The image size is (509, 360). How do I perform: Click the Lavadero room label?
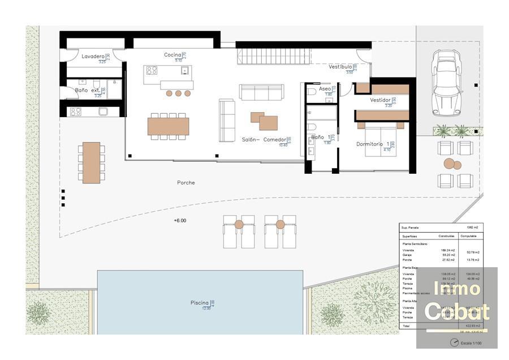(93, 57)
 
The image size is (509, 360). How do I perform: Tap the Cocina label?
(172, 55)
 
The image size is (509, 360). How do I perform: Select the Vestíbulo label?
(340, 67)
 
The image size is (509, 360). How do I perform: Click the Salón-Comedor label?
(264, 140)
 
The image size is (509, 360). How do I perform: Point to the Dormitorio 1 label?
(373, 144)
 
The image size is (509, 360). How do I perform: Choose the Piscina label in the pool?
(200, 303)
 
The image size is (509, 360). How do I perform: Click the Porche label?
(186, 183)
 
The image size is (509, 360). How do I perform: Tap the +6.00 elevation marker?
(180, 221)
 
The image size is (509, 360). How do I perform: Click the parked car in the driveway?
(446, 82)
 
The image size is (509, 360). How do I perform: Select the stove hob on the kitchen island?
(152, 71)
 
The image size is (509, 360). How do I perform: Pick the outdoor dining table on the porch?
(91, 162)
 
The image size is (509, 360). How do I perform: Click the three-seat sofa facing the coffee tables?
(261, 92)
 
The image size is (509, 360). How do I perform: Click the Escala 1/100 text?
(471, 343)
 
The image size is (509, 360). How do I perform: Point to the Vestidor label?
(380, 100)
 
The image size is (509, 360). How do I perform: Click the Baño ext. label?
(88, 90)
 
